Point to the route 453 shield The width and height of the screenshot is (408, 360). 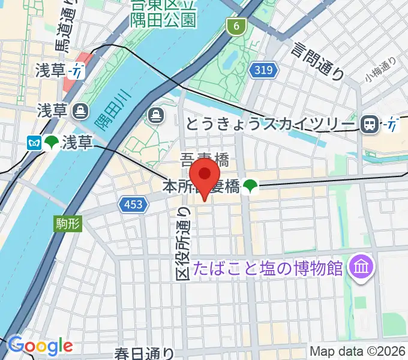pyautogui.click(x=133, y=205)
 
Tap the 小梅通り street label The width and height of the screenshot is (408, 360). pyautogui.click(x=380, y=70)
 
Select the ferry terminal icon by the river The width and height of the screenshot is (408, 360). pyautogui.click(x=155, y=114)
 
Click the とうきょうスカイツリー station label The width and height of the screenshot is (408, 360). pyautogui.click(x=269, y=124)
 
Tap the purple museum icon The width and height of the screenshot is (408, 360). pyautogui.click(x=362, y=264)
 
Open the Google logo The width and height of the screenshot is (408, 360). pyautogui.click(x=40, y=346)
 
